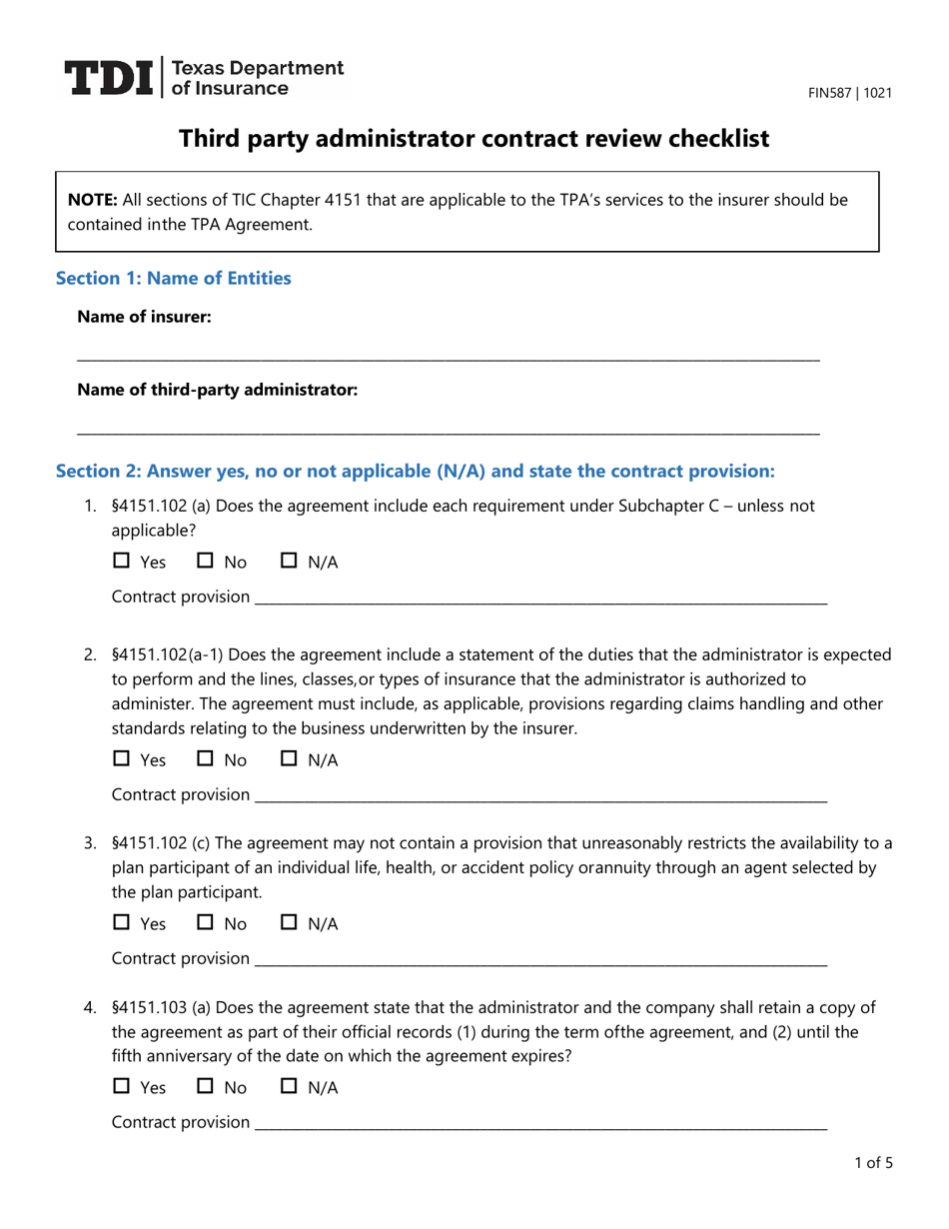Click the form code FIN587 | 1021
[x=850, y=93]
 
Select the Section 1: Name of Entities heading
[x=174, y=278]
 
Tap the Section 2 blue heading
[x=415, y=470]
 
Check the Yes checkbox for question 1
[x=123, y=562]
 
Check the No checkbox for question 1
[x=207, y=562]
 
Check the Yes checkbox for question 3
[x=123, y=924]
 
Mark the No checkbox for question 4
[x=207, y=1087]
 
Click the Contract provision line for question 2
[x=540, y=797]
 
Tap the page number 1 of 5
[x=873, y=1162]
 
